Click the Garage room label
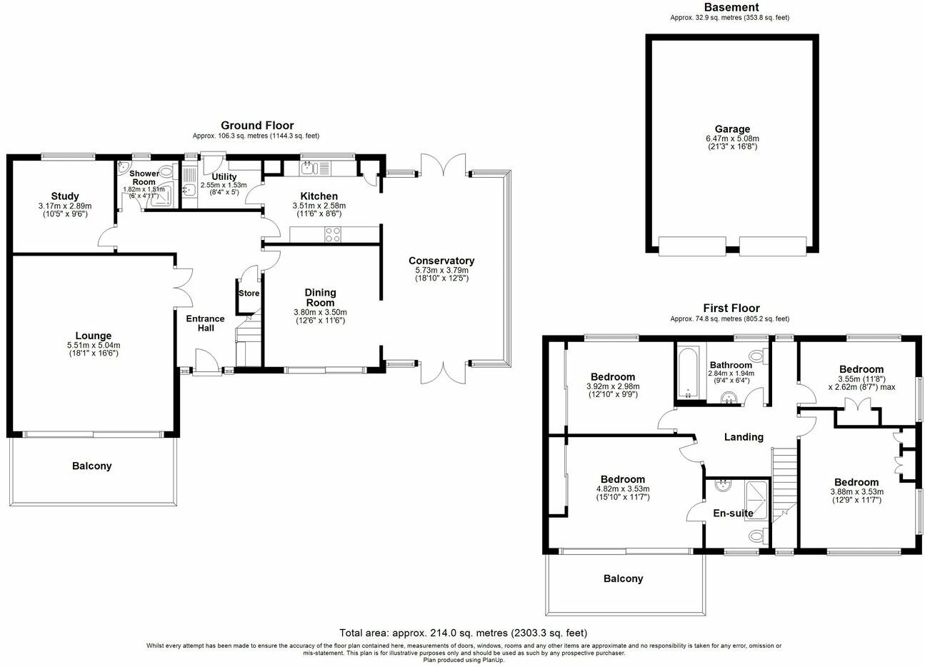[x=731, y=130]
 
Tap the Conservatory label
[x=441, y=261]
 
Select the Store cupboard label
[x=249, y=294]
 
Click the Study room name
[x=65, y=196]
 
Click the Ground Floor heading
[x=256, y=126]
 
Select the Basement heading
[x=731, y=8]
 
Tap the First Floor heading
[x=730, y=309]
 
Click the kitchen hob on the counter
[x=333, y=234]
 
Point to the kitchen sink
[x=308, y=168]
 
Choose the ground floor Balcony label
[x=91, y=466]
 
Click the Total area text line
[x=463, y=633]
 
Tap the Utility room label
[x=224, y=176]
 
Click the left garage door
[x=691, y=246]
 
